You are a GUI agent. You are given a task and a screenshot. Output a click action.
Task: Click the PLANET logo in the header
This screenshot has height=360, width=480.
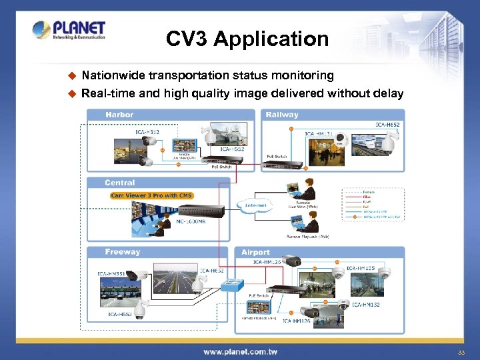[69, 31]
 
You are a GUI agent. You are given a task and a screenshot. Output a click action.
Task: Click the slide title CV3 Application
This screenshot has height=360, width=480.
[247, 39]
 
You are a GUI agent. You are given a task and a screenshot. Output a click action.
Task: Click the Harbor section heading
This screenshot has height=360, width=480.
[119, 115]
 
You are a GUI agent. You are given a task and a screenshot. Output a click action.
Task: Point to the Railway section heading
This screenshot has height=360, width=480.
[282, 115]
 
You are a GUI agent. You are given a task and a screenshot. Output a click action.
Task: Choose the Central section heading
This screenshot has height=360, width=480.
[119, 182]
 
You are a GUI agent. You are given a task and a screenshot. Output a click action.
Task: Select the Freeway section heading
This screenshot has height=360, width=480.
[123, 252]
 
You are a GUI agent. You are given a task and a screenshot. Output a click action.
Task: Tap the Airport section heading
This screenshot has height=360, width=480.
[255, 253]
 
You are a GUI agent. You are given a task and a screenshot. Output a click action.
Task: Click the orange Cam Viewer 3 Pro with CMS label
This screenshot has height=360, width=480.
[152, 195]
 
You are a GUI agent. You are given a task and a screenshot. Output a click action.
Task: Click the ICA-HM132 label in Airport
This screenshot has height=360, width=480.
[366, 305]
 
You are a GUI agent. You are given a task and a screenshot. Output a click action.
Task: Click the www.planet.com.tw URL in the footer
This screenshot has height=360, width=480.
[240, 351]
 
